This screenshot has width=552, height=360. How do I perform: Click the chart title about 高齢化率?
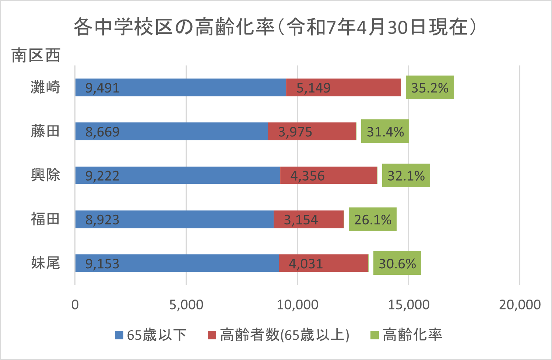tap(275, 27)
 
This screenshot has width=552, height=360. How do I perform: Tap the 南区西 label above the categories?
tap(36, 56)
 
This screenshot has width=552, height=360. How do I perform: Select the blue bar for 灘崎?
tap(180, 88)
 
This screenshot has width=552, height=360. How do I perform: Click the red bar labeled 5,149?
tap(343, 88)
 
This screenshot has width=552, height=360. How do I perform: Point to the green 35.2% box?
tap(429, 88)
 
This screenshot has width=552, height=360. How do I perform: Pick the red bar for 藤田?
tap(312, 132)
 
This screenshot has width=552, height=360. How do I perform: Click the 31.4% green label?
tap(385, 132)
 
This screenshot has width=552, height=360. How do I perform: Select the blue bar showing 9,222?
tap(177, 175)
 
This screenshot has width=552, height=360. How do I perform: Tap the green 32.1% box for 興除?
tap(406, 175)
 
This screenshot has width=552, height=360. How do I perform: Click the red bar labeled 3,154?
tap(309, 220)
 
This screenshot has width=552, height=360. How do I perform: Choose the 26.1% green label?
tap(372, 220)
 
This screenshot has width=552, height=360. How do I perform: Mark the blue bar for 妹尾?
tap(177, 263)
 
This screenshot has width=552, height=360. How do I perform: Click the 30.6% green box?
tap(397, 263)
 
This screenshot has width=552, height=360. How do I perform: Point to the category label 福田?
tap(45, 219)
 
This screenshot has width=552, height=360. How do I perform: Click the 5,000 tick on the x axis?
tap(186, 305)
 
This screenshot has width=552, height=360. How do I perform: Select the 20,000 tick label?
tap(520, 305)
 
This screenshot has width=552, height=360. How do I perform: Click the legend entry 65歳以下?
tap(151, 335)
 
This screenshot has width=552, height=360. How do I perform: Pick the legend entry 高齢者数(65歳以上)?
tap(279, 335)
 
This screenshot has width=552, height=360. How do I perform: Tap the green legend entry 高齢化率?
tap(406, 335)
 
